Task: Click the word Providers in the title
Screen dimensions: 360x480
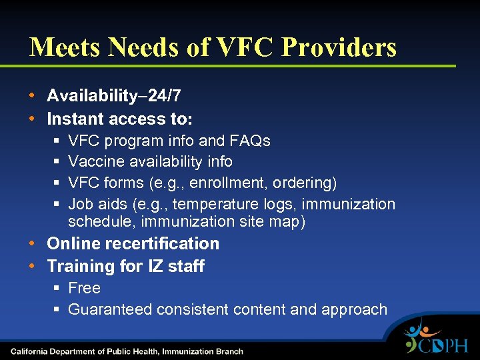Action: coord(339,47)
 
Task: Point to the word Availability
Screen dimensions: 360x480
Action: coord(92,96)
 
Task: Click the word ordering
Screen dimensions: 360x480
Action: coord(306,183)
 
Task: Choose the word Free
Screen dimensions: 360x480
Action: coord(85,288)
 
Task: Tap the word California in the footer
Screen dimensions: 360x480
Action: coord(33,351)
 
